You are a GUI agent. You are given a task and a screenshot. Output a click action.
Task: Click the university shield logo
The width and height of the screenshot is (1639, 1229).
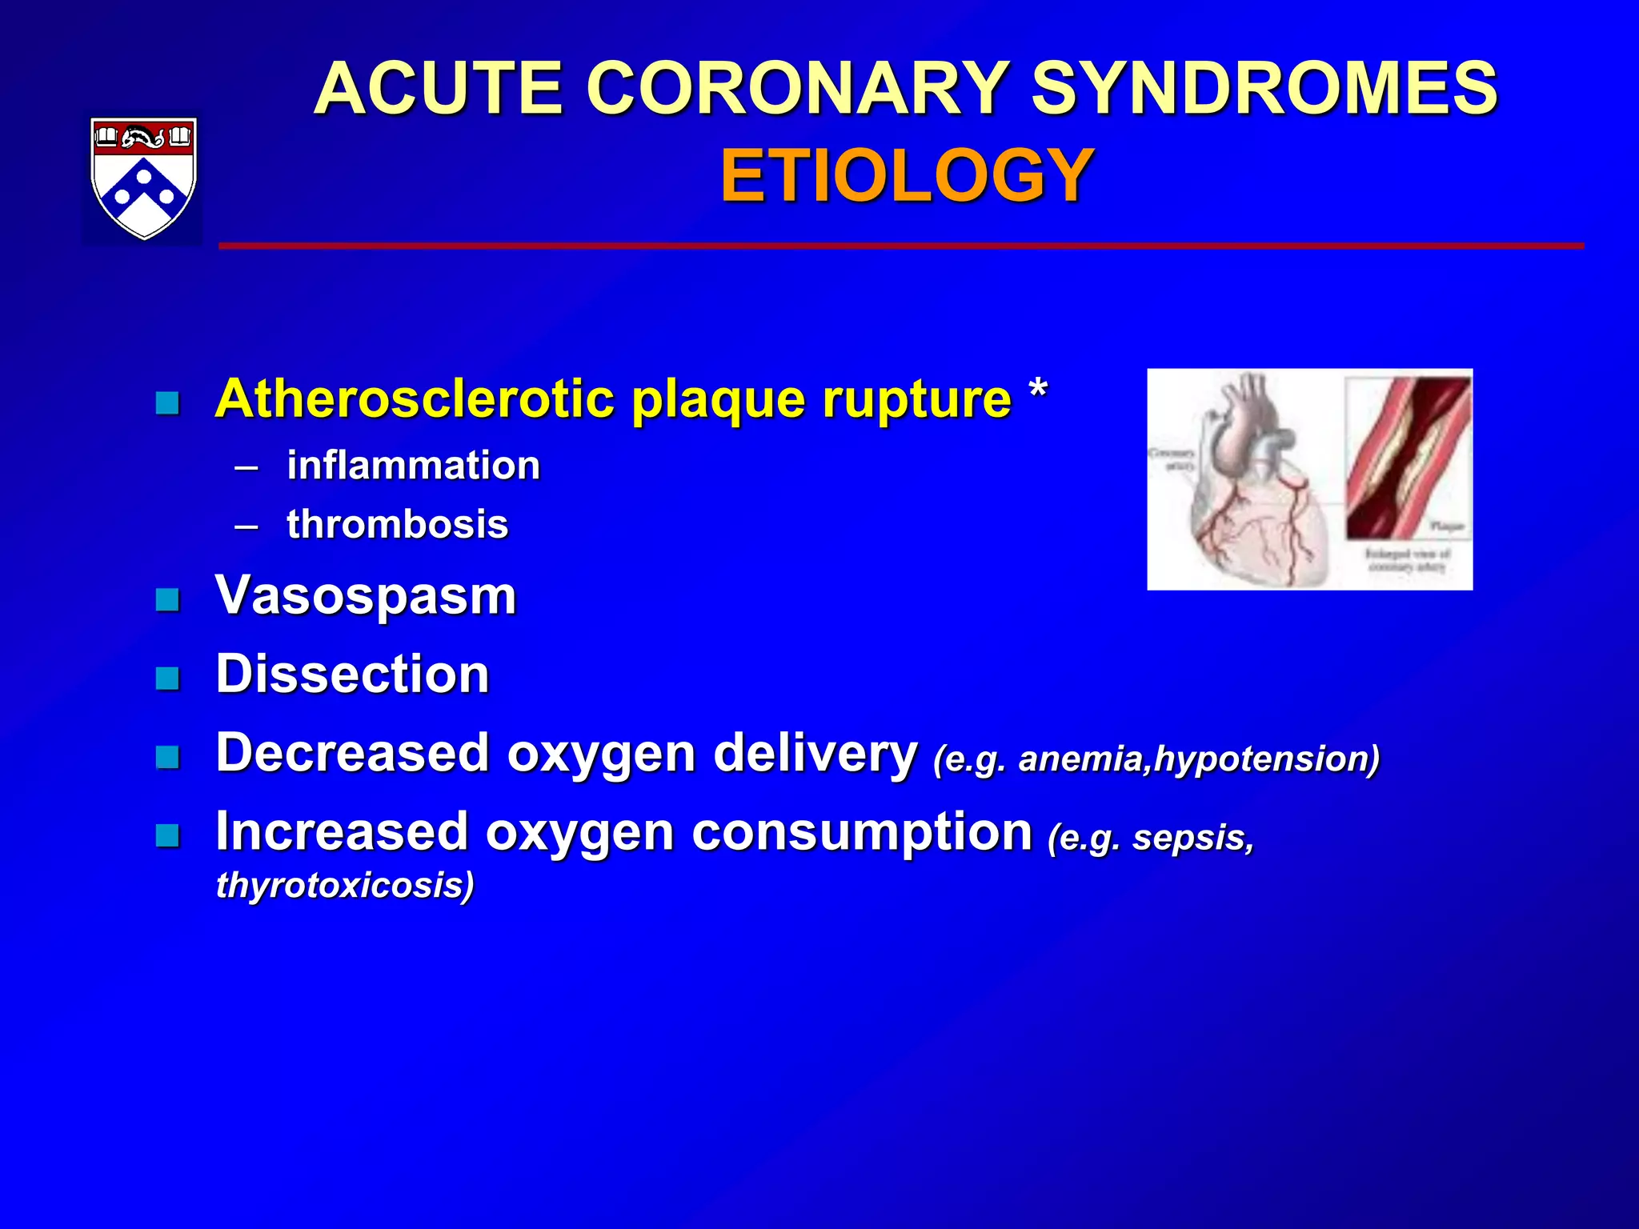tap(144, 178)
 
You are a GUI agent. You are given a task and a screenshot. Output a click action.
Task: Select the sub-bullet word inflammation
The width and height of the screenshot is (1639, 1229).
tap(413, 466)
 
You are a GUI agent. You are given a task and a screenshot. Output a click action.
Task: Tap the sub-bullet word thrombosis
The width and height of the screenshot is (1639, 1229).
tap(397, 525)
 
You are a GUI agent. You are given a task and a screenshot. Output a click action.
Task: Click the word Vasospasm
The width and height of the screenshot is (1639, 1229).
tap(366, 596)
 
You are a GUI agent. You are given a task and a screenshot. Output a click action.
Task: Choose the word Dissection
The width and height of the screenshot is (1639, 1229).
tap(352, 674)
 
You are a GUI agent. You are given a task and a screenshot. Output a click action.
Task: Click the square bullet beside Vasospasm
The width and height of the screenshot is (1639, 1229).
tap(167, 599)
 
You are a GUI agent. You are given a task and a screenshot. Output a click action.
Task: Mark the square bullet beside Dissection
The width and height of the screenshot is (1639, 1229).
tap(167, 678)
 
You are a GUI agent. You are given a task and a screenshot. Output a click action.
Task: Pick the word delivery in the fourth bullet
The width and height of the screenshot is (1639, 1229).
tap(815, 754)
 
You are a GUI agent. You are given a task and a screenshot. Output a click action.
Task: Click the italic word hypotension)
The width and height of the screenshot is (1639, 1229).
tap(1267, 759)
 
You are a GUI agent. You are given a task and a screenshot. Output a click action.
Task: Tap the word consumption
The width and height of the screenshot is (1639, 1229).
tap(862, 832)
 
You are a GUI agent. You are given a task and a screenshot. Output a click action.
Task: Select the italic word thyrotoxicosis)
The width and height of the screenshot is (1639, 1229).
tap(345, 885)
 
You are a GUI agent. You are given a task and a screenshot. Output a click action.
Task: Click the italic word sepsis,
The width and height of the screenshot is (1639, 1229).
tap(1192, 838)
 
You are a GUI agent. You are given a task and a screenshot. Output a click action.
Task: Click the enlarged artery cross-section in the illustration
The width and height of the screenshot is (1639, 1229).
tap(1408, 460)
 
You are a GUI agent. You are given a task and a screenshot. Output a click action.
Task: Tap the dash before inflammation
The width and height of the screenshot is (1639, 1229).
tap(246, 466)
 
